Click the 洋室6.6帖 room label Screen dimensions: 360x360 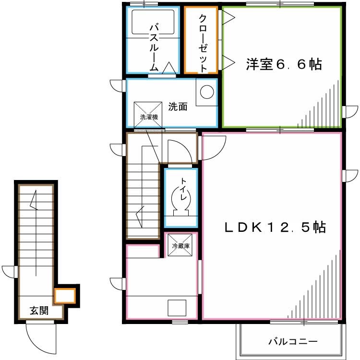pyautogui.click(x=284, y=64)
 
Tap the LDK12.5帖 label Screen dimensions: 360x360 pyautogui.click(x=276, y=227)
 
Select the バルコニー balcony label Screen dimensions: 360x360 pyautogui.click(x=292, y=342)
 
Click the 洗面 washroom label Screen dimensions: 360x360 pyautogui.click(x=178, y=107)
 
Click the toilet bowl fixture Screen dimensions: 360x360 pyautogui.click(x=181, y=198)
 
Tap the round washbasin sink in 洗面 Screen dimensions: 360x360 pyautogui.click(x=207, y=91)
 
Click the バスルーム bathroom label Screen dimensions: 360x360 pyautogui.click(x=154, y=46)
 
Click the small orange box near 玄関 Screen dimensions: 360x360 pyautogui.click(x=65, y=295)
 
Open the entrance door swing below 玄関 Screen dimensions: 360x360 pyautogui.click(x=41, y=336)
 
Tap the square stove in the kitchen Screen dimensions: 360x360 pyautogui.click(x=177, y=308)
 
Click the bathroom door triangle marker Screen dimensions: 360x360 pyautogui.click(x=168, y=68)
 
